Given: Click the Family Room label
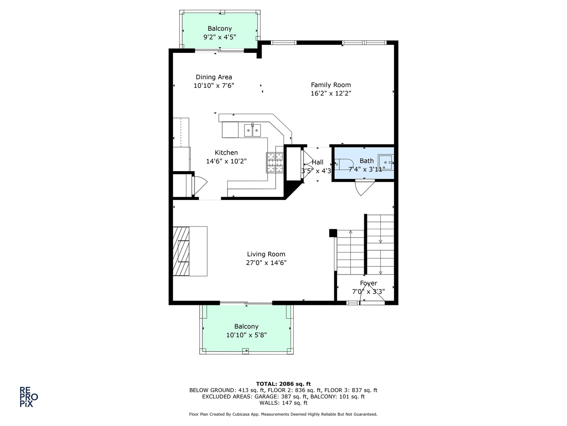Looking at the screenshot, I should (x=331, y=85).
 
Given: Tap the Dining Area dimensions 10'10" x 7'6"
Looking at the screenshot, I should (x=214, y=86).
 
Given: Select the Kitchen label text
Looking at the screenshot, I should (x=226, y=153).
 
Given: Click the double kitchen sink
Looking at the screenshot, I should (x=252, y=130).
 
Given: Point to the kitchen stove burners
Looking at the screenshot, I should (x=275, y=163).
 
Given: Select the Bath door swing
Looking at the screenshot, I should (x=364, y=187).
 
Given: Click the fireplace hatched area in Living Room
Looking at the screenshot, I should (x=181, y=251).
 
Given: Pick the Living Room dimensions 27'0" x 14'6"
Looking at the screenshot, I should (x=266, y=263).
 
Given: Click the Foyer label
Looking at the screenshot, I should (x=369, y=283).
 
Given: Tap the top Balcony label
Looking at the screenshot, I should (x=220, y=28).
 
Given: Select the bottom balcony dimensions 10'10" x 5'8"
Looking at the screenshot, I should (x=246, y=335).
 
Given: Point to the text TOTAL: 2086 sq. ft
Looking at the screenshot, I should (x=283, y=384).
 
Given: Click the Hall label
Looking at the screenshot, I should (x=317, y=162).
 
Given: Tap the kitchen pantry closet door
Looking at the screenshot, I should (x=199, y=185).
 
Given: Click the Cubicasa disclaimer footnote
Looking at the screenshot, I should (x=283, y=414).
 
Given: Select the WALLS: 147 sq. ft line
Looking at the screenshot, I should (x=283, y=403).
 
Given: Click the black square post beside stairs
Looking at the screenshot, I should (x=333, y=233).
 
